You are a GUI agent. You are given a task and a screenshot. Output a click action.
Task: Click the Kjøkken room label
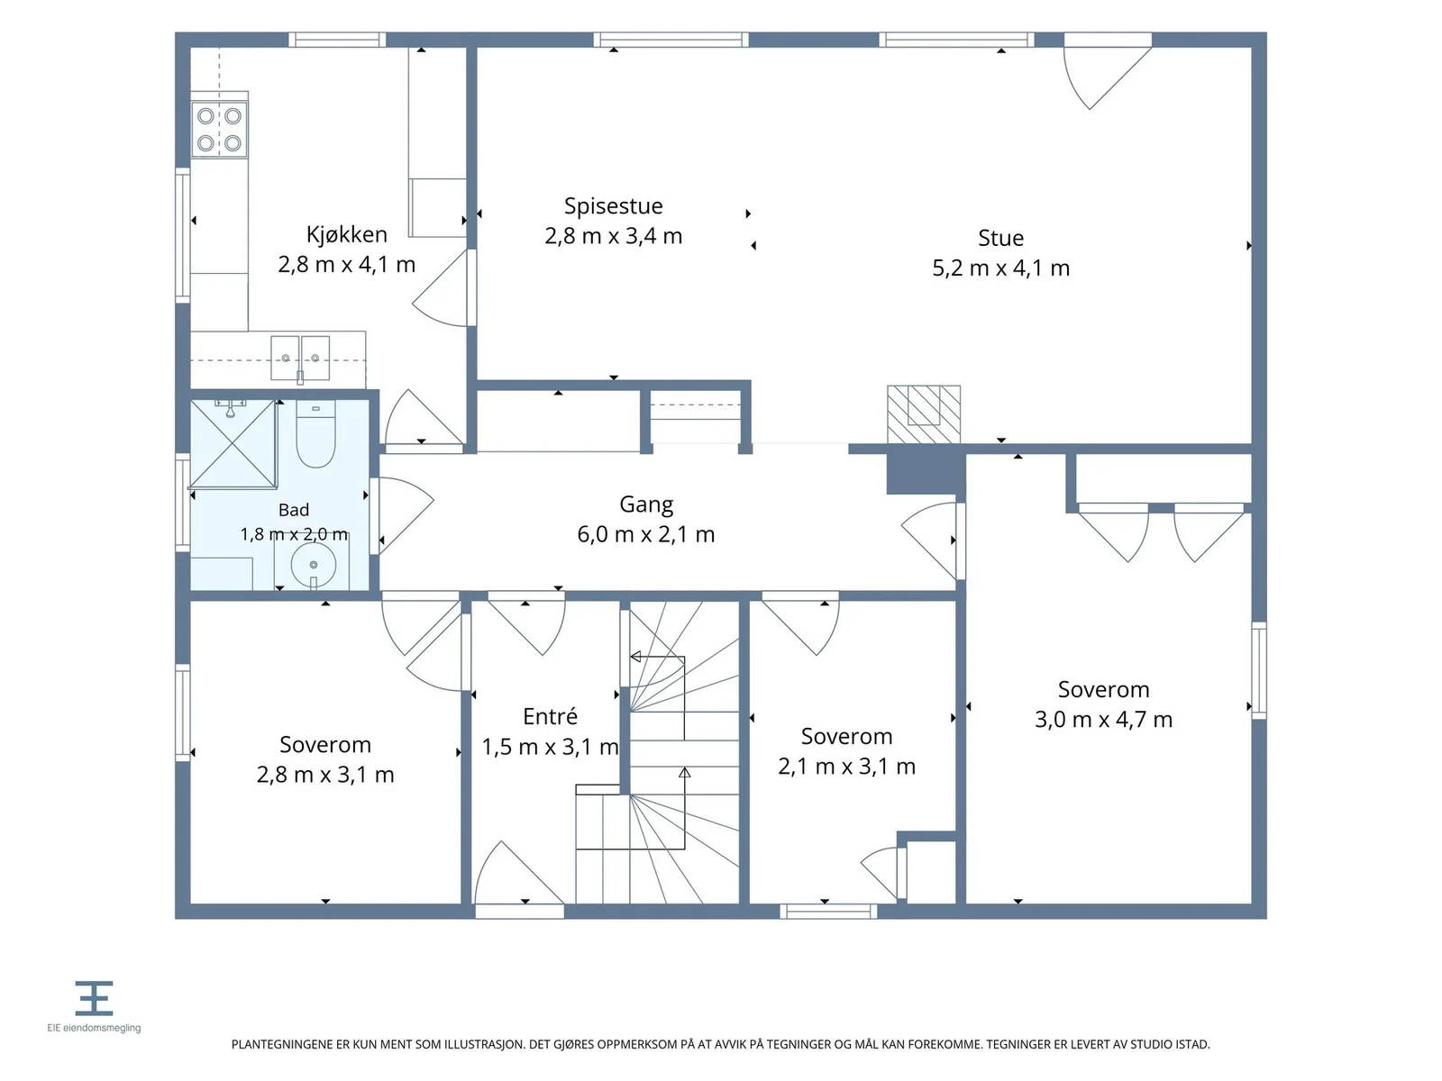[346, 234]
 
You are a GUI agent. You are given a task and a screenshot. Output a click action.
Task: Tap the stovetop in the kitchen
[219, 130]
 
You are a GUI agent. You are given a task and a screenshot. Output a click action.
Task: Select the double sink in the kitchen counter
[300, 359]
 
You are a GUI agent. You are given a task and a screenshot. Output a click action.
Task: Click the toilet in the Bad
[316, 434]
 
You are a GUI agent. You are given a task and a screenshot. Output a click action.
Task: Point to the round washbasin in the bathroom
[314, 565]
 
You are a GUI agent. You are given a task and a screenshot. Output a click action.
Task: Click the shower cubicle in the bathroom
[233, 445]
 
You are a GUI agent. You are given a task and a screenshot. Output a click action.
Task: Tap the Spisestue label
[614, 206]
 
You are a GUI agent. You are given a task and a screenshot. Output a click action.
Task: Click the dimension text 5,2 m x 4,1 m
[1000, 268]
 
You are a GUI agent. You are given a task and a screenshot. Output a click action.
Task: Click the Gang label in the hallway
[646, 504]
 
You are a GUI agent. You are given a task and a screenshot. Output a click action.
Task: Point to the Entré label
[551, 716]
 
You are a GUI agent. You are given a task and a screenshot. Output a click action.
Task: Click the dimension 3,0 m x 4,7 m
[1104, 720]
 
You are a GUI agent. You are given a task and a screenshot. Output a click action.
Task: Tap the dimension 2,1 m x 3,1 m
[847, 767]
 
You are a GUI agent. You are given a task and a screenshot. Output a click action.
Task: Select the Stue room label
[1000, 238]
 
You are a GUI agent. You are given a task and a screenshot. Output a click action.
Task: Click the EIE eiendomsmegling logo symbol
[94, 997]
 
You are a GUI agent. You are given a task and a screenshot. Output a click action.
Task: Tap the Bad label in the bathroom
[294, 510]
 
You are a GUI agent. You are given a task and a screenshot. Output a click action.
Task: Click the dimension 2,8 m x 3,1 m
[325, 775]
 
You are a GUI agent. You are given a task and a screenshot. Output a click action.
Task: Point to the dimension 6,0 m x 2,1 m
[646, 535]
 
